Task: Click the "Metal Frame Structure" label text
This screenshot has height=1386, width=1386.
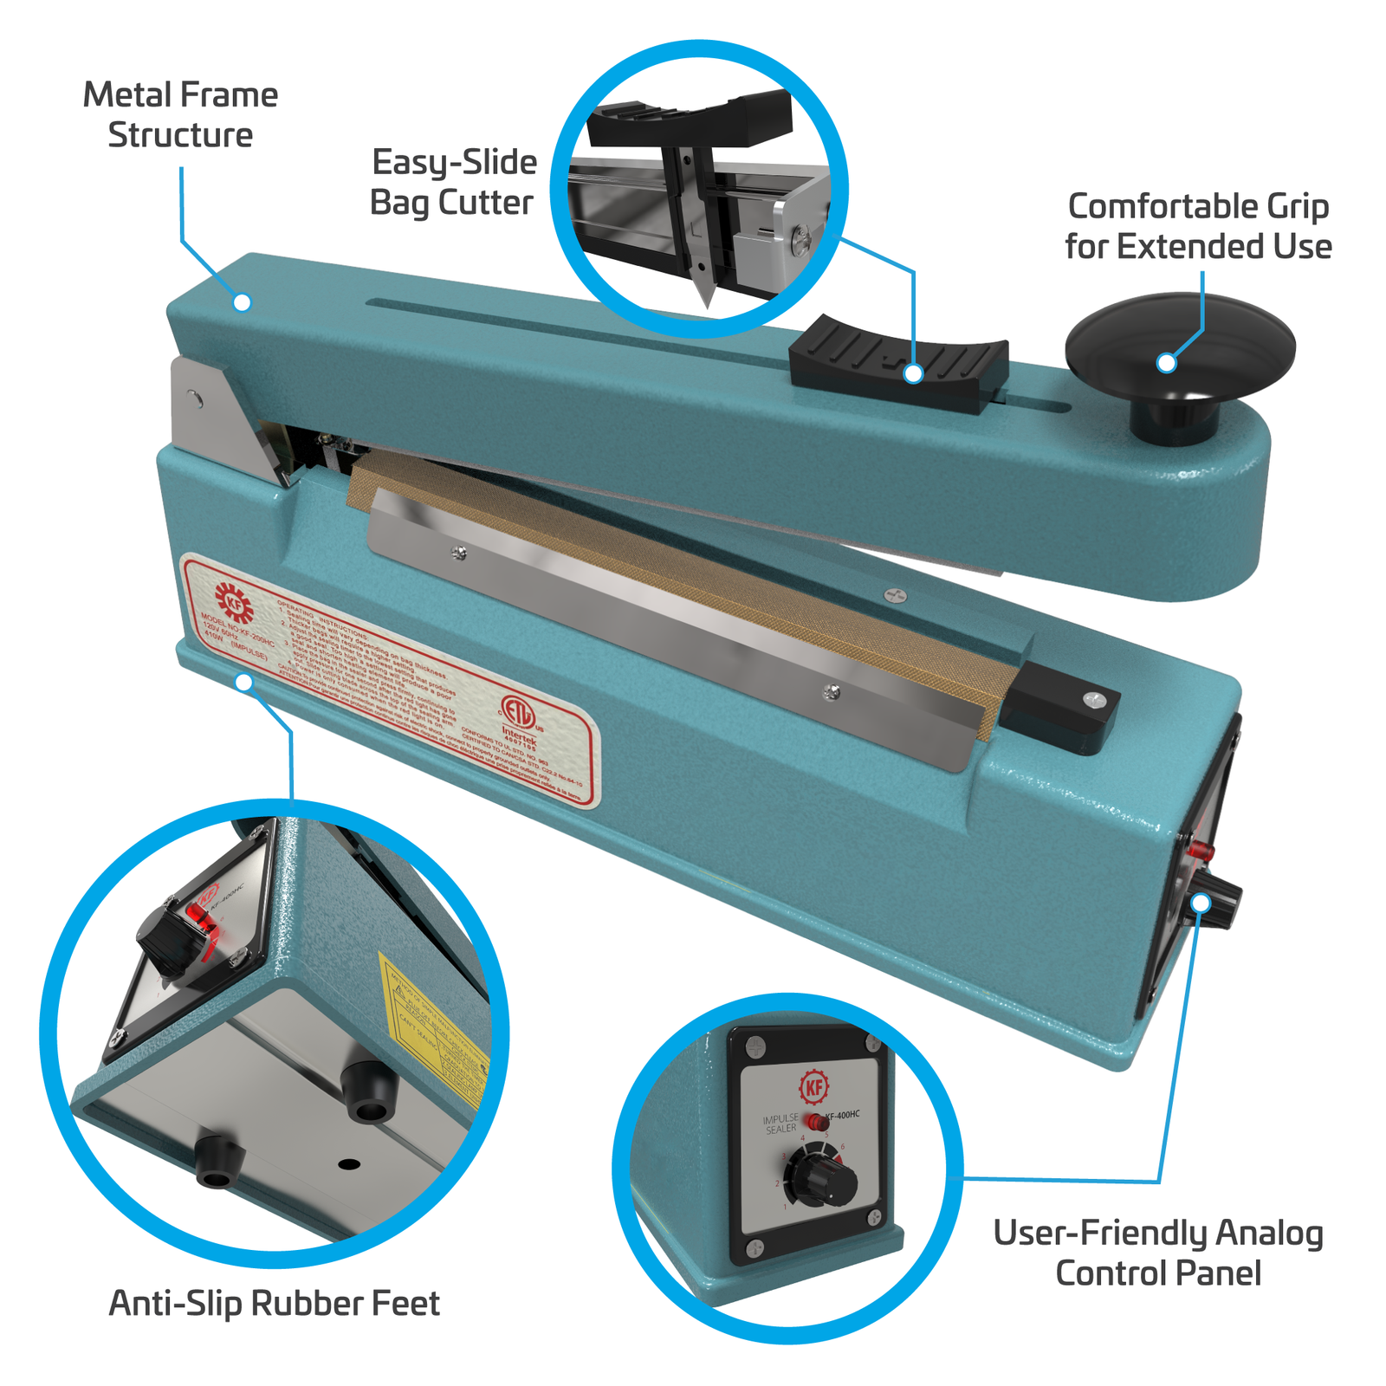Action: pyautogui.click(x=180, y=114)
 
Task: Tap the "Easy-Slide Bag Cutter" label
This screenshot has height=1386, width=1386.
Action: pyautogui.click(x=453, y=182)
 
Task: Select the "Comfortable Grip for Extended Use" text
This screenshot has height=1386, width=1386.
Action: pyautogui.click(x=1198, y=226)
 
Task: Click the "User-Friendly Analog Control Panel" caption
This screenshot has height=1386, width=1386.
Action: pyautogui.click(x=1158, y=1253)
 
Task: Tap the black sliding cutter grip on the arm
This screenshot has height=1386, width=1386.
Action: pyautogui.click(x=898, y=362)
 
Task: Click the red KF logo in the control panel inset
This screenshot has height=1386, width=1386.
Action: pyautogui.click(x=813, y=1086)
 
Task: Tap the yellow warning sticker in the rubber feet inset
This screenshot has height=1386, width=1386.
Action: pyautogui.click(x=433, y=1031)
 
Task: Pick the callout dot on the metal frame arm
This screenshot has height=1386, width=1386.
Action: pyautogui.click(x=243, y=301)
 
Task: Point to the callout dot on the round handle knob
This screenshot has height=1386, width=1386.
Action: pyautogui.click(x=1167, y=363)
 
